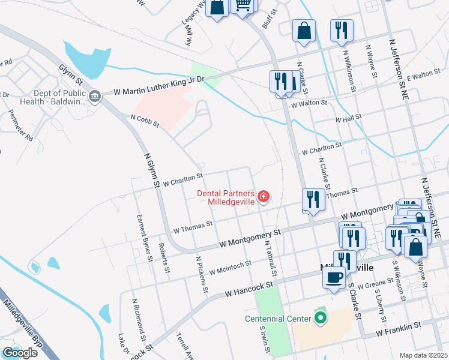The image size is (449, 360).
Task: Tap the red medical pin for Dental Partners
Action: point(262,197)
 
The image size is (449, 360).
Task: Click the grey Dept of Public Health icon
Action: point(94,97)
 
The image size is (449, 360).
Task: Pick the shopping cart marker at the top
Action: point(243,5)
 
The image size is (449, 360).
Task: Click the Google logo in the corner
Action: point(20,353)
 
